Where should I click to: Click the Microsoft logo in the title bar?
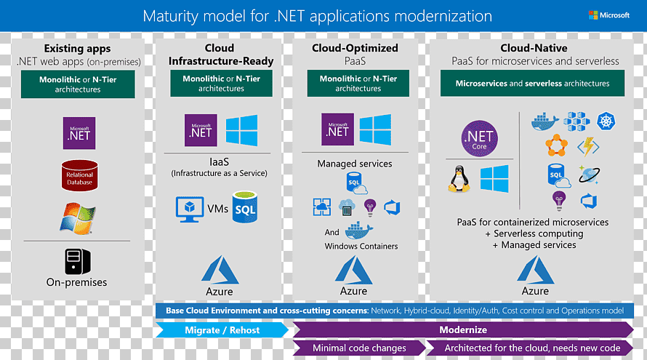(x=608, y=15)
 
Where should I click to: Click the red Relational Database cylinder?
(x=80, y=175)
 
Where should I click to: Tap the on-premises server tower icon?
(x=77, y=261)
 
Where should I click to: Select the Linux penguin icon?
(x=459, y=179)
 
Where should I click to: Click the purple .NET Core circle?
(x=479, y=138)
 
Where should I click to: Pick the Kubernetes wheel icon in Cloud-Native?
(x=606, y=121)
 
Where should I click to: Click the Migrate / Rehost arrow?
(x=222, y=330)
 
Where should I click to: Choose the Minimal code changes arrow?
(x=359, y=348)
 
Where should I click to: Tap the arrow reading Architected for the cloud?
(x=530, y=348)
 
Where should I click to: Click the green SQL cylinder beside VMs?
(x=245, y=207)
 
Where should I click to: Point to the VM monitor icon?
(x=190, y=209)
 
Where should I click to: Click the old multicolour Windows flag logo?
(x=78, y=218)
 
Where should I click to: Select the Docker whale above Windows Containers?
(x=358, y=231)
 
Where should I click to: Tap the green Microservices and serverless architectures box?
(x=532, y=84)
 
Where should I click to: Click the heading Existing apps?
(x=77, y=48)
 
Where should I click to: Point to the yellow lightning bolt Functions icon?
(x=588, y=147)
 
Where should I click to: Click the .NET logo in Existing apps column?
(x=79, y=133)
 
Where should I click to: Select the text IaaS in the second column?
(x=219, y=162)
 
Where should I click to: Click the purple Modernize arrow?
(x=463, y=330)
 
